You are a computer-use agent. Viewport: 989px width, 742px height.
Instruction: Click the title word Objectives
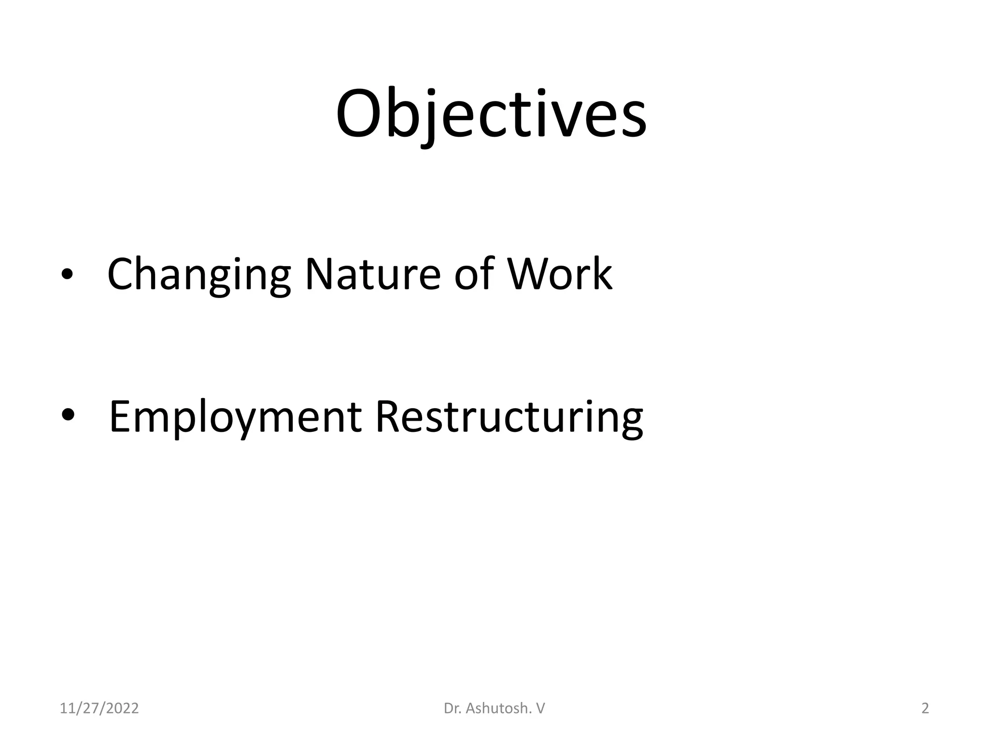click(x=491, y=114)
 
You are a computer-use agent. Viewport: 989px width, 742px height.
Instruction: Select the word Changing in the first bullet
click(x=199, y=274)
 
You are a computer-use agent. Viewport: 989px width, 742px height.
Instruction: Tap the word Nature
click(x=373, y=274)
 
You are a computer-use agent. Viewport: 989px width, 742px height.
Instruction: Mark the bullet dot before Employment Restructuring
click(x=68, y=415)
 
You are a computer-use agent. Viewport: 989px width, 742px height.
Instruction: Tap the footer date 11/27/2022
click(x=99, y=709)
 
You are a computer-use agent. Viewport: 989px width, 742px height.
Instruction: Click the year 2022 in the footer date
click(x=122, y=709)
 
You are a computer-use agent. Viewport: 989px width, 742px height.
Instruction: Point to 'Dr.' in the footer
click(x=452, y=709)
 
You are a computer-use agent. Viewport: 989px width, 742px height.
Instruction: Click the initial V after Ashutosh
click(x=540, y=709)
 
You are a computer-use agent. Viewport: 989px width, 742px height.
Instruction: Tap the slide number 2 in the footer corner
click(x=925, y=709)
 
